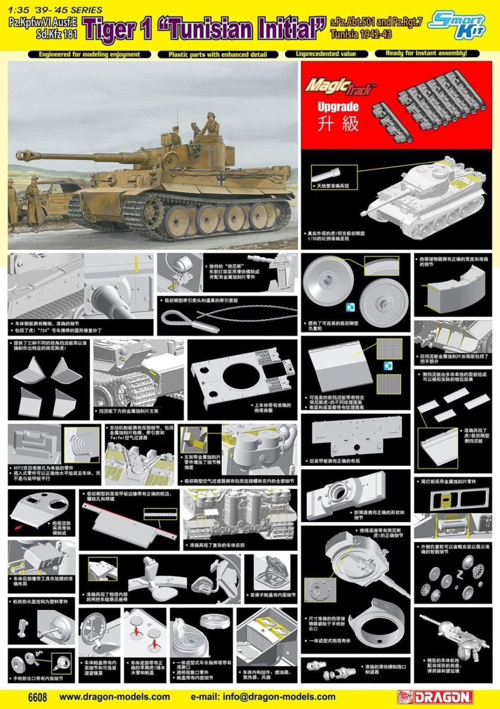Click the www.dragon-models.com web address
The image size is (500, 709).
pyautogui.click(x=114, y=696)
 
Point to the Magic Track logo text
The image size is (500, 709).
pyautogui.click(x=339, y=87)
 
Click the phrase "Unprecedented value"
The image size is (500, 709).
pyautogui.click(x=325, y=54)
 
